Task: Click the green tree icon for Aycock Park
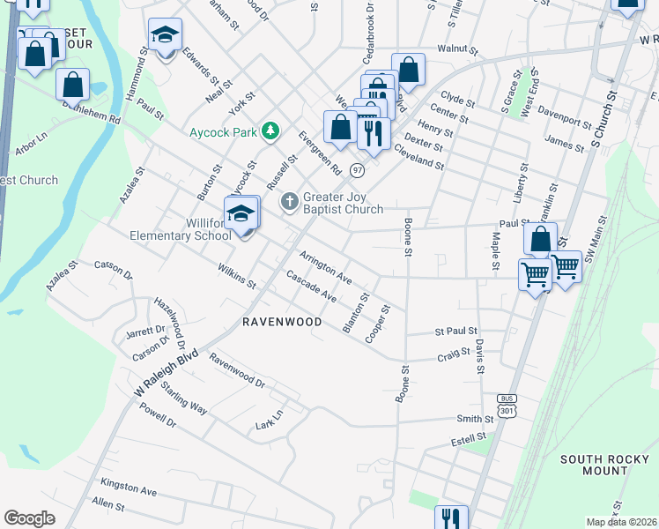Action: tap(271, 131)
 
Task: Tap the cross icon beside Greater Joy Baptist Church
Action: tap(289, 203)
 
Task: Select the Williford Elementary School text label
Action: tap(180, 229)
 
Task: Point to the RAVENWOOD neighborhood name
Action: tap(282, 323)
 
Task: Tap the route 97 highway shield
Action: tap(357, 168)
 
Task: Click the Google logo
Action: tap(29, 518)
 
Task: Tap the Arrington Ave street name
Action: tap(325, 268)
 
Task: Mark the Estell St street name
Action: tap(469, 437)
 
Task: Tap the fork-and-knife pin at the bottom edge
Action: tap(451, 518)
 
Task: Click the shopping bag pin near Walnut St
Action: tap(408, 69)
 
